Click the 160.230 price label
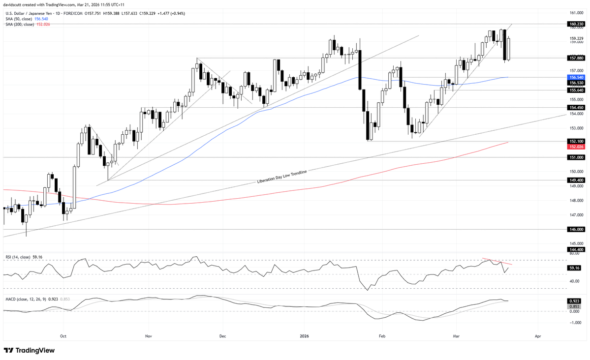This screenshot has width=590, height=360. click(x=576, y=24)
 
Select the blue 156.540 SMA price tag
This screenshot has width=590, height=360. click(x=576, y=77)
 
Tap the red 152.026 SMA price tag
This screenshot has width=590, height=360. click(x=576, y=147)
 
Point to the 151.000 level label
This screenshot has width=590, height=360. click(x=576, y=157)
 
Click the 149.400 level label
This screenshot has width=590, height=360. click(x=576, y=180)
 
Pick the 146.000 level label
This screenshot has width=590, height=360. click(x=576, y=229)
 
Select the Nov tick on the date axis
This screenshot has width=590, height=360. click(x=148, y=336)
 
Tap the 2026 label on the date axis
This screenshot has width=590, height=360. click(x=304, y=336)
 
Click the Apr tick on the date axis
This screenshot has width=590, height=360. click(x=538, y=336)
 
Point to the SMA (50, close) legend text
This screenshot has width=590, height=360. click(x=20, y=19)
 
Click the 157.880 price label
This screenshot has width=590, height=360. click(x=576, y=58)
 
